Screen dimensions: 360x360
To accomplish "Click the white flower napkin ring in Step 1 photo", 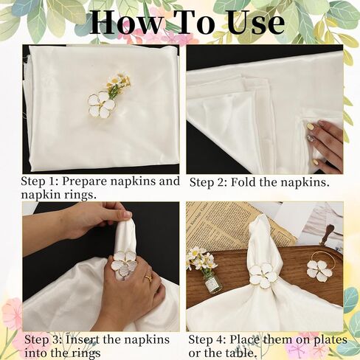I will pyautogui.click(x=101, y=105).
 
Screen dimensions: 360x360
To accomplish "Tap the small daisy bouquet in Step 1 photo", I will pyautogui.click(x=117, y=83).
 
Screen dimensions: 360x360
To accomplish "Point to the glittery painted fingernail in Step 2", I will pyautogui.click(x=311, y=138).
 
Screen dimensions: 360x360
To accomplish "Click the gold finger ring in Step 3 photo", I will pyautogui.click(x=148, y=278).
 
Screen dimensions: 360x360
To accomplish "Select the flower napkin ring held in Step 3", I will pyautogui.click(x=123, y=263).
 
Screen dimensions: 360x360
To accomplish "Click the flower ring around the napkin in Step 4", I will pyautogui.click(x=263, y=275).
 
